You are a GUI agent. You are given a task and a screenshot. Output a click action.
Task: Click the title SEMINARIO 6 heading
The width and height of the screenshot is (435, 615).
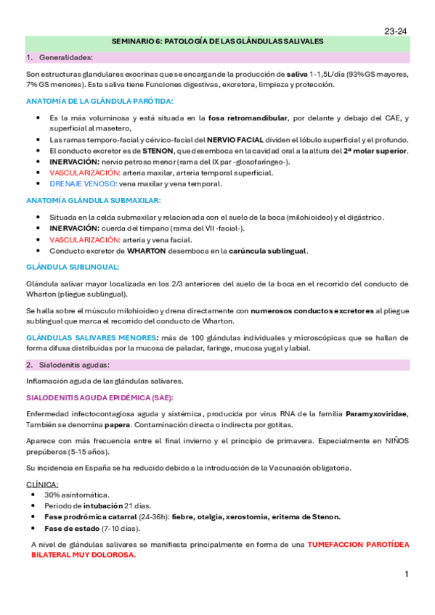click(x=217, y=42)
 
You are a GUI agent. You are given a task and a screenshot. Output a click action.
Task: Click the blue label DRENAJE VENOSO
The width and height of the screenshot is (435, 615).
click(x=78, y=183)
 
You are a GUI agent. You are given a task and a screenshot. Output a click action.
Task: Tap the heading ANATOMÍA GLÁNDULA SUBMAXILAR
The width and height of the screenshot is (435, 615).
click(x=94, y=200)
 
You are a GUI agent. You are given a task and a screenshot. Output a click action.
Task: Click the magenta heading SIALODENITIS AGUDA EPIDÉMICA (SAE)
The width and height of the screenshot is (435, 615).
click(x=99, y=397)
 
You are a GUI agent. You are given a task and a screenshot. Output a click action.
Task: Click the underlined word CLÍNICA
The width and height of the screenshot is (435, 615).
click(x=43, y=484)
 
